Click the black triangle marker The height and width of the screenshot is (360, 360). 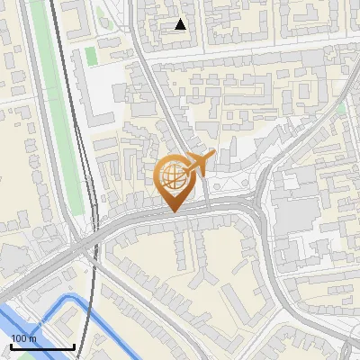[x=181, y=24]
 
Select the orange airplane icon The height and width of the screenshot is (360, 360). [x=199, y=164]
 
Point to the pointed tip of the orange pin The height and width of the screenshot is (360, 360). [x=174, y=211]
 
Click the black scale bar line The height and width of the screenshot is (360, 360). [x=42, y=346]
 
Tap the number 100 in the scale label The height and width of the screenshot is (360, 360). [x=19, y=338]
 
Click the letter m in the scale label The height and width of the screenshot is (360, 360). [x=32, y=338]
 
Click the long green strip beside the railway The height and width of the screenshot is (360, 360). [x=59, y=117]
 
